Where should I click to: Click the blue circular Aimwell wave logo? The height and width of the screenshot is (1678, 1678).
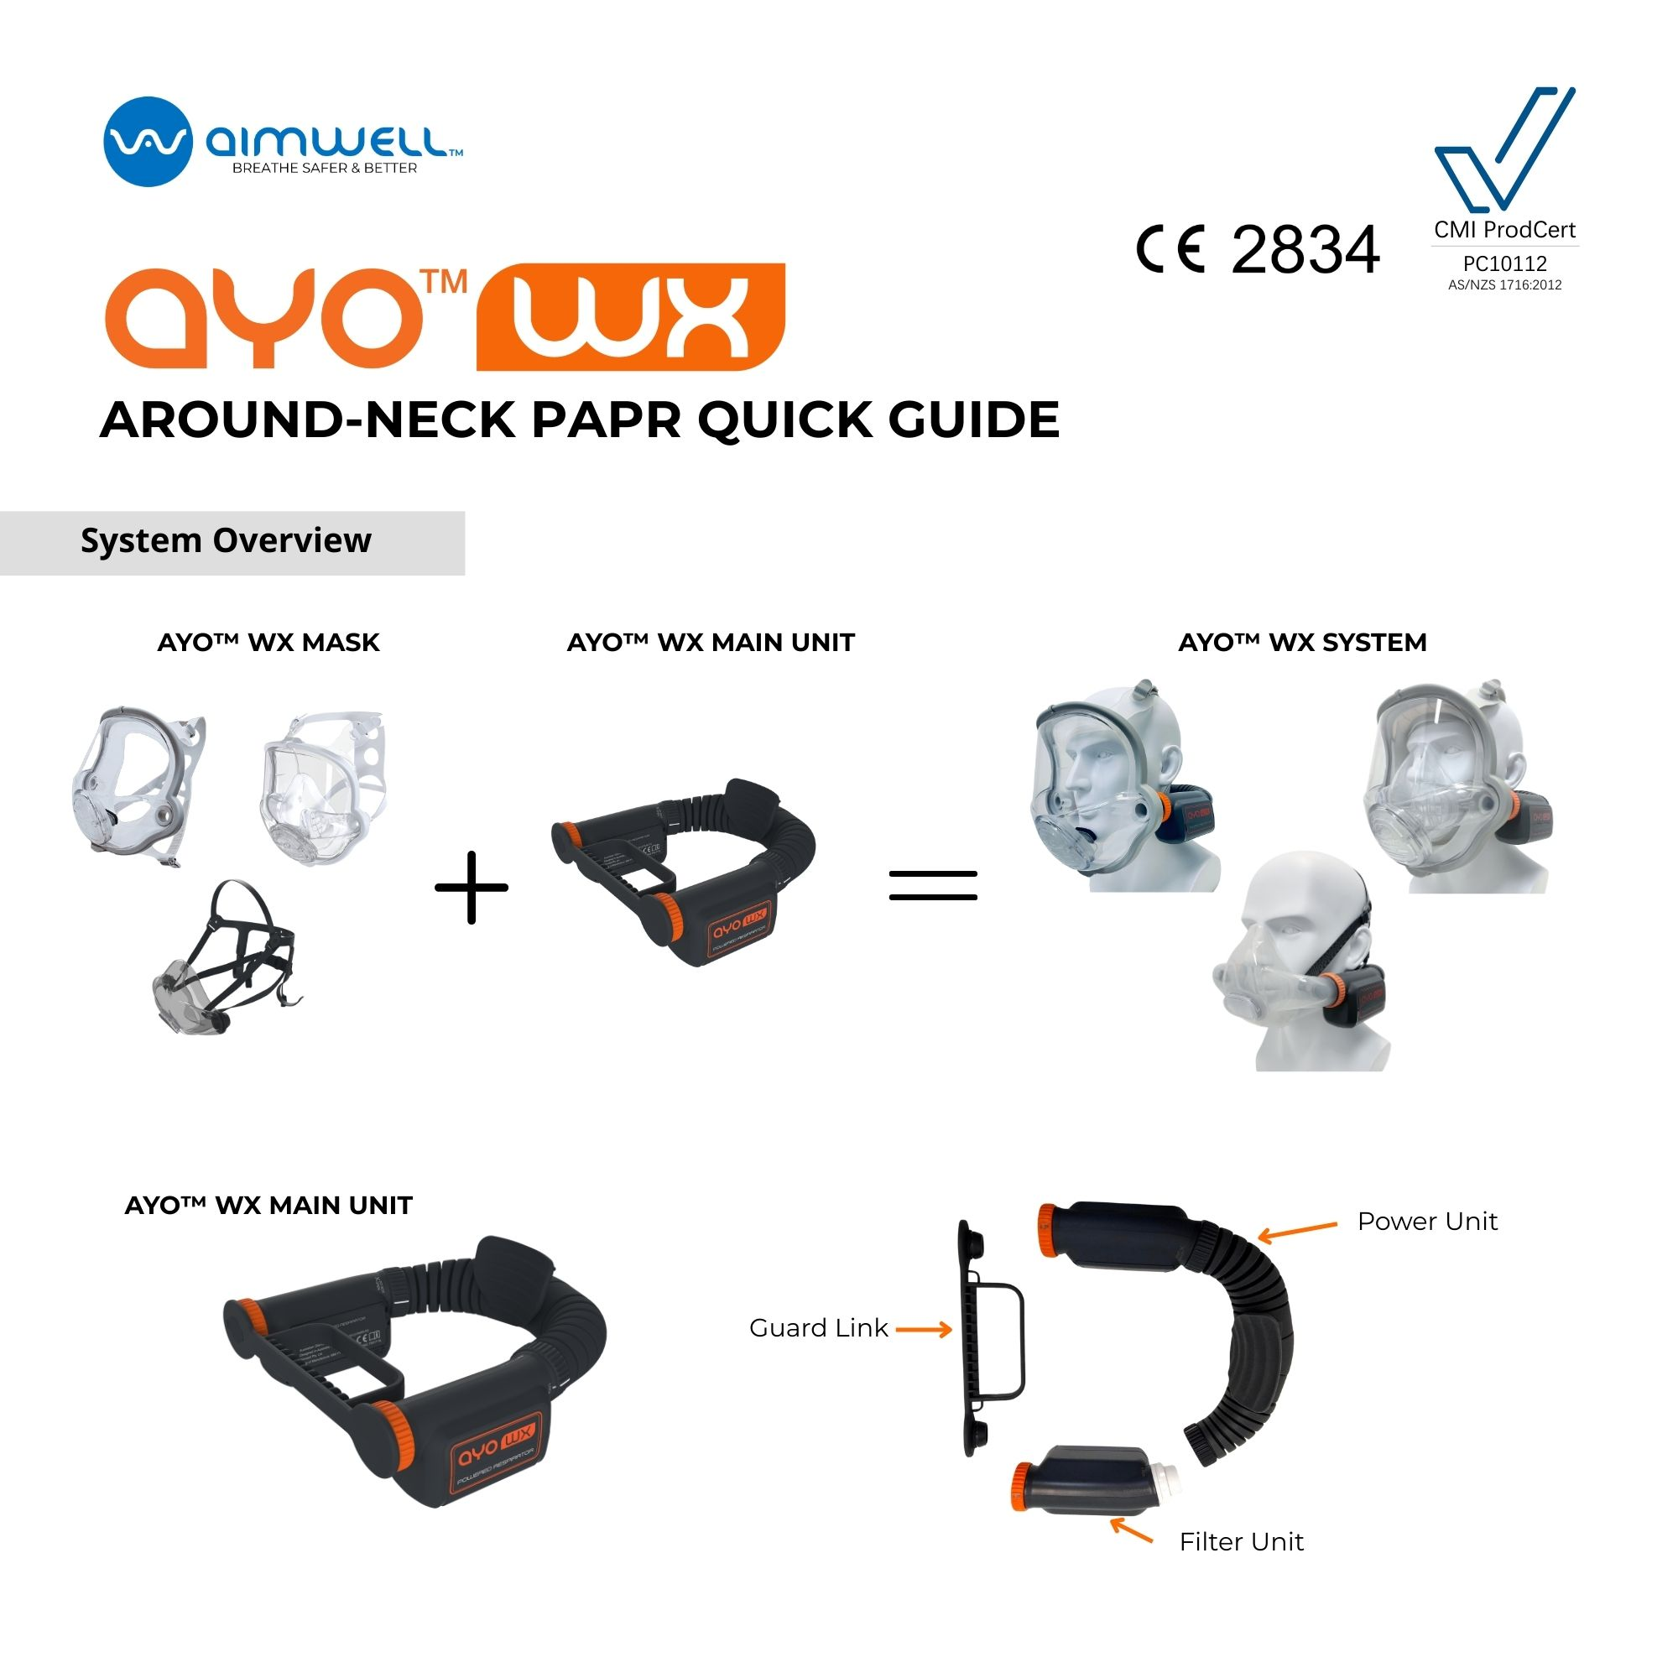(x=147, y=142)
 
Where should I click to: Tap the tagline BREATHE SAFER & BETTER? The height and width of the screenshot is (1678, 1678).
(x=324, y=168)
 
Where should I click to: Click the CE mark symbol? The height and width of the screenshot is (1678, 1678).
(x=1170, y=249)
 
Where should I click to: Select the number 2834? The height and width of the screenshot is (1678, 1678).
(x=1305, y=250)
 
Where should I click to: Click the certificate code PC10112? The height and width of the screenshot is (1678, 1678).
(x=1504, y=263)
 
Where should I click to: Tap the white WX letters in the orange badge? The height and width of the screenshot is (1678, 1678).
(x=630, y=317)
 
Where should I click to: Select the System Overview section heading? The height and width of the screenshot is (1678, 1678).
(x=226, y=540)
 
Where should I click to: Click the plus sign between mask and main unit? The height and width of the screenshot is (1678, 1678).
(x=472, y=887)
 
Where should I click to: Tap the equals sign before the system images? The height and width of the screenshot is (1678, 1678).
(x=933, y=886)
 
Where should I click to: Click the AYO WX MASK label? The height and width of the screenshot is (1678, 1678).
(x=268, y=643)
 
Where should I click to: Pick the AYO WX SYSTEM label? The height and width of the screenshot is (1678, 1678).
(x=1302, y=643)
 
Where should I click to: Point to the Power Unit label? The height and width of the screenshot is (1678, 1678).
(x=1427, y=1221)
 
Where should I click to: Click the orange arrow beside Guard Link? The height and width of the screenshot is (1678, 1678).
(x=923, y=1329)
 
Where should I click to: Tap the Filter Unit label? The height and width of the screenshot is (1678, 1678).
(x=1241, y=1541)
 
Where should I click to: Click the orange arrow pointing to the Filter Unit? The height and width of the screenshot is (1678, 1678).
(x=1131, y=1530)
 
